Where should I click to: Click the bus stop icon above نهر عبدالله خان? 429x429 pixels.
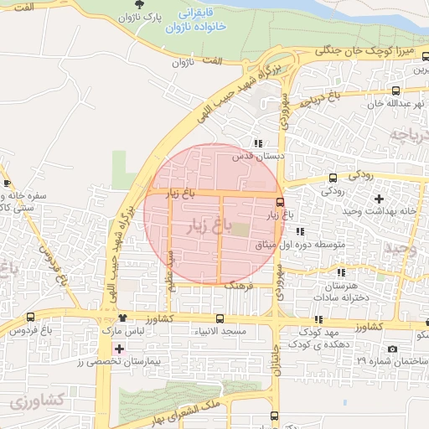pyautogui.click(x=395, y=91)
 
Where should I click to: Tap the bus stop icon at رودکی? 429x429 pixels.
pyautogui.click(x=333, y=178)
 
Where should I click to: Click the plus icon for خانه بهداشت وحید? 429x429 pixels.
pyautogui.click(x=380, y=199)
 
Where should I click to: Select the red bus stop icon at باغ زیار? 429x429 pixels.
pyautogui.click(x=280, y=202)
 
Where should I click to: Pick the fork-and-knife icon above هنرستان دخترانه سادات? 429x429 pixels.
pyautogui.click(x=339, y=273)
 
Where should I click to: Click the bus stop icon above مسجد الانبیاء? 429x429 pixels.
pyautogui.click(x=220, y=318)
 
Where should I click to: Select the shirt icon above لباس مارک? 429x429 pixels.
pyautogui.click(x=123, y=318)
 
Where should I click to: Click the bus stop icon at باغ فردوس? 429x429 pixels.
pyautogui.click(x=32, y=317)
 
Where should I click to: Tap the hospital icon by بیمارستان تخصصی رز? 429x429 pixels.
pyautogui.click(x=118, y=348)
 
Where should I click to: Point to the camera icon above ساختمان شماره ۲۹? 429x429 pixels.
pyautogui.click(x=391, y=349)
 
